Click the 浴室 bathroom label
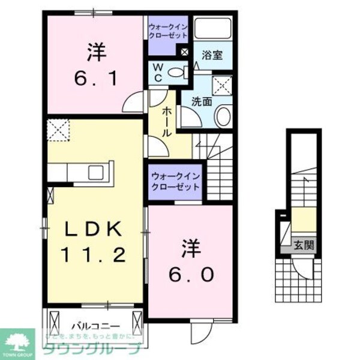(213, 55)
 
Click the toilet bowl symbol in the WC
(176, 73)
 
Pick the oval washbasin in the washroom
(223, 116)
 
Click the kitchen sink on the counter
(96, 173)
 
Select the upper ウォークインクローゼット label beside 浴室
(168, 29)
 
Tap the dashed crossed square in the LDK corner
(59, 129)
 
